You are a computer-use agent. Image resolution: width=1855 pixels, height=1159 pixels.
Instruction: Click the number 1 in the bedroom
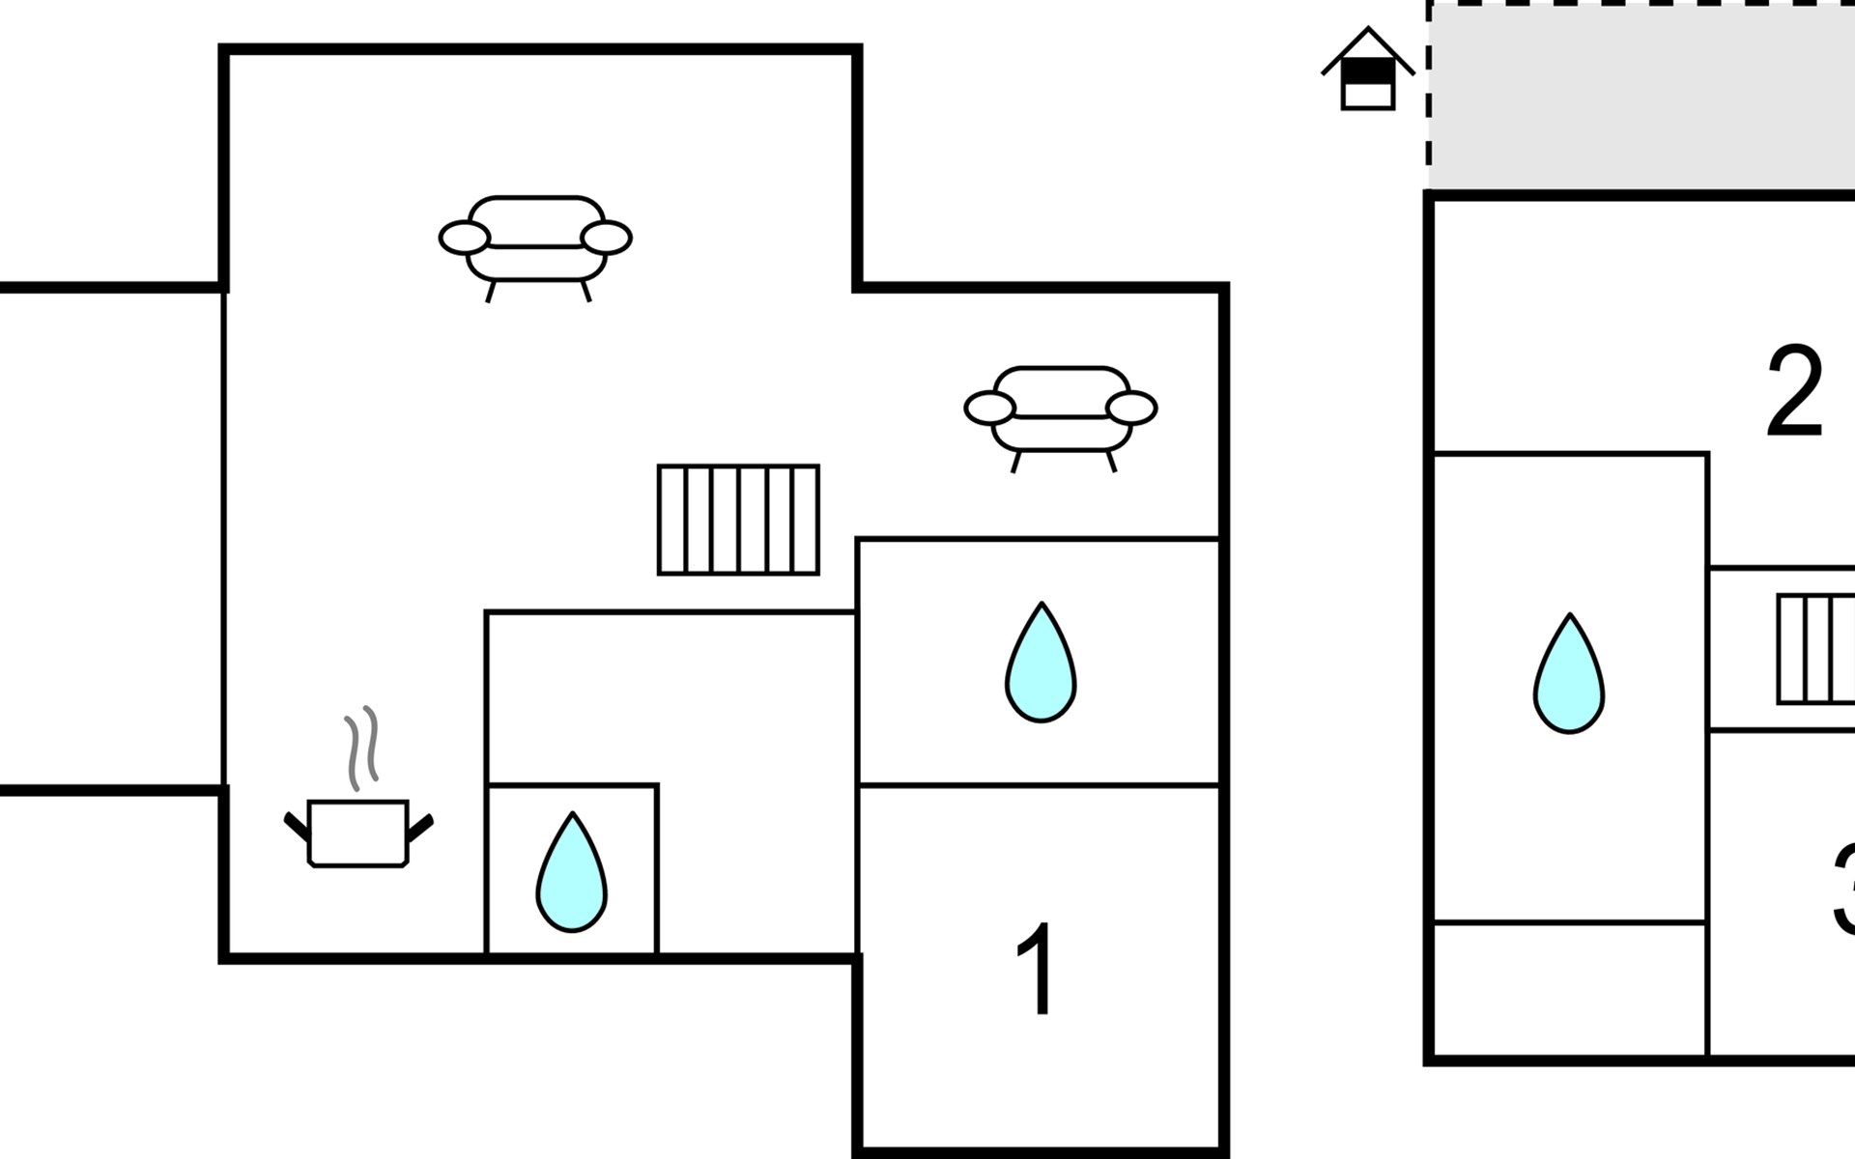pos(1037,969)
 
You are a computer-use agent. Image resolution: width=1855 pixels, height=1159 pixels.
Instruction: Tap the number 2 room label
pos(1794,391)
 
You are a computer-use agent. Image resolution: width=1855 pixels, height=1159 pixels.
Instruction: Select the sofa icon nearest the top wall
pos(535,240)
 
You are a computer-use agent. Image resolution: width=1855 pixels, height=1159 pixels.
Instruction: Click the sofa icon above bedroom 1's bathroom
pos(1061,410)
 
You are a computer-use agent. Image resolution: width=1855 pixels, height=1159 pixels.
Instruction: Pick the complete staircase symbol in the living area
pos(738,520)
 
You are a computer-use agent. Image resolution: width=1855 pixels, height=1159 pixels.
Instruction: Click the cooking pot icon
pos(358,833)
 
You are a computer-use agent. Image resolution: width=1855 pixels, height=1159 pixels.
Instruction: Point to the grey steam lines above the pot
pos(361,748)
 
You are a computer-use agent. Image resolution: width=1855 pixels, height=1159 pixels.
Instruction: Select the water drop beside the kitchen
pos(572,874)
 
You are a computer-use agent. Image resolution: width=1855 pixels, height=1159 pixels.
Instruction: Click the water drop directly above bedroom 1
pos(1041,664)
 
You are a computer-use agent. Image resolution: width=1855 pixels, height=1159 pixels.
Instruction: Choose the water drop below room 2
pos(1569,676)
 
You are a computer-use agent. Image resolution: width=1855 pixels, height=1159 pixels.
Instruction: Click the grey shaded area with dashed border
pos(1642,97)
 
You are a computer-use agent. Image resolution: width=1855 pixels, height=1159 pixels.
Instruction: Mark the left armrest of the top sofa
pos(465,238)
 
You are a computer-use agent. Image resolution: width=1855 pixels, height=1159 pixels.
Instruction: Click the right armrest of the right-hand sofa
pos(1131,409)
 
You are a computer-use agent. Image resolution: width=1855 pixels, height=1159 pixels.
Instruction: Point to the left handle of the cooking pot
pos(297,827)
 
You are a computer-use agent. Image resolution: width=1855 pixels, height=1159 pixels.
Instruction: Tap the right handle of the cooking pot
pos(420,827)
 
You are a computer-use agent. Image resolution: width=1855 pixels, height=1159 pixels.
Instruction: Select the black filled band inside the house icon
pos(1368,73)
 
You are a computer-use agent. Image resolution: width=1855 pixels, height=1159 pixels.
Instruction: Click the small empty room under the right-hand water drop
pos(1569,989)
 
